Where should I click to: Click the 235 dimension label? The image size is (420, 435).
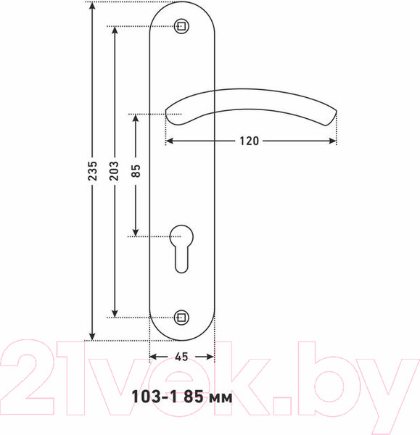tap(92, 171)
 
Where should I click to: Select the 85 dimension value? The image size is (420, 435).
tap(136, 171)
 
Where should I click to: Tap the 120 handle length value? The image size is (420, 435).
tap(249, 141)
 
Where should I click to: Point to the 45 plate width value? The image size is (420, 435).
tap(181, 356)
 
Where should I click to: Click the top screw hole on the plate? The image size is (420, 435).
tap(182, 28)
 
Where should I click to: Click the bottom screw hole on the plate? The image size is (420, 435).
tap(182, 317)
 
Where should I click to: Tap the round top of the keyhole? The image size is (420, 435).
tap(181, 235)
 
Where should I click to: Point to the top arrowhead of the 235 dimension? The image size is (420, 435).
tap(92, 7)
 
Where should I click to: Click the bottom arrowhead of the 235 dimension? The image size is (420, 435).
tap(92, 335)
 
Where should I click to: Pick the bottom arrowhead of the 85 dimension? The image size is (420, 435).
tap(136, 231)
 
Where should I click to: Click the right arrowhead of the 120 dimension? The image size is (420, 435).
tap(334, 141)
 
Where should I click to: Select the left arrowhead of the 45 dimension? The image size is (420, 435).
tap(153, 356)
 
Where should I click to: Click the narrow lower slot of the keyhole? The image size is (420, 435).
tap(181, 260)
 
